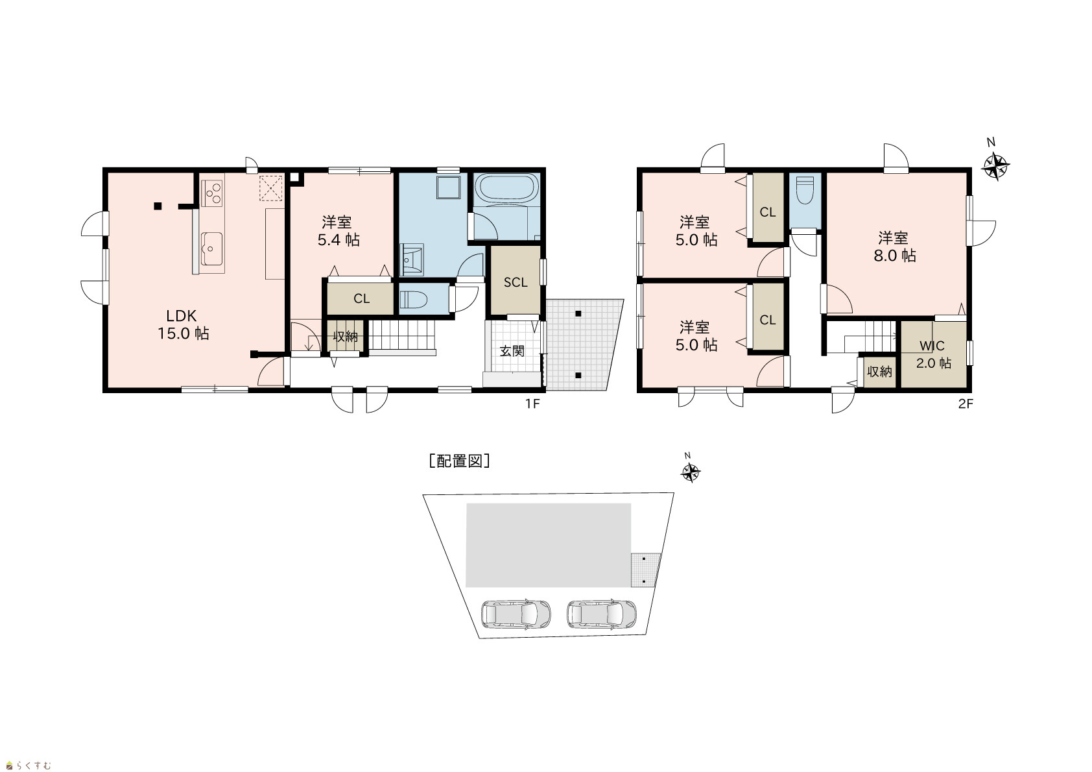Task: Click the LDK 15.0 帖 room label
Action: [x=183, y=325]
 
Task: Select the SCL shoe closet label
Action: [x=516, y=282]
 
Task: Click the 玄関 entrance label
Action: [x=512, y=350]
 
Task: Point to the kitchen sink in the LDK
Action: [x=212, y=248]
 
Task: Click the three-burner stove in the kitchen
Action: [x=213, y=193]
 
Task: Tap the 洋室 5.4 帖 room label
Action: [x=338, y=231]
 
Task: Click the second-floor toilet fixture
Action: [x=805, y=190]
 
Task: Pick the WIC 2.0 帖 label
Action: [x=933, y=355]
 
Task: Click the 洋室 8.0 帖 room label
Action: [x=895, y=247]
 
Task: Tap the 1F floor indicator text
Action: [x=532, y=404]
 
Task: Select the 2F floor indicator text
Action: [x=966, y=404]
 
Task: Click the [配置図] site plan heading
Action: [x=459, y=461]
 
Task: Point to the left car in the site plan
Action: [x=516, y=614]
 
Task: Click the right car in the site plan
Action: [x=602, y=614]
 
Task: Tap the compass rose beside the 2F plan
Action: [x=995, y=167]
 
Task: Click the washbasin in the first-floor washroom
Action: [x=412, y=259]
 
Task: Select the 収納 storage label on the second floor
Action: [x=879, y=372]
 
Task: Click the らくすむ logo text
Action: [x=33, y=766]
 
